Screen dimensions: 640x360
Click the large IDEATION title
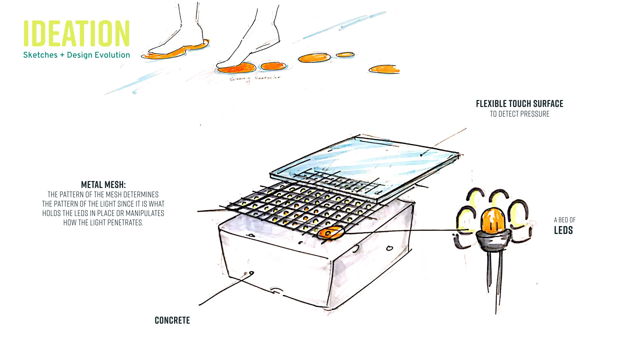pyautogui.click(x=76, y=33)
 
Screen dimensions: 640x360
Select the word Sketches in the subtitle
pyautogui.click(x=40, y=55)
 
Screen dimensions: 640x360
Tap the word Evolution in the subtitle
pyautogui.click(x=112, y=55)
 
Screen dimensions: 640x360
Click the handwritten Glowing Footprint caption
pyautogui.click(x=255, y=79)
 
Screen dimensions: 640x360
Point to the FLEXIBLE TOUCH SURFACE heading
pyautogui.click(x=519, y=104)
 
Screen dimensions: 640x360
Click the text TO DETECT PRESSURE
pyautogui.click(x=519, y=114)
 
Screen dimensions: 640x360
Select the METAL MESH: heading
pyautogui.click(x=103, y=185)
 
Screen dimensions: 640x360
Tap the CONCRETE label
pyautogui.click(x=172, y=320)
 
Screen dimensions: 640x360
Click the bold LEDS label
pyautogui.click(x=563, y=230)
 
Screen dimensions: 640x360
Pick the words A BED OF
pyautogui.click(x=565, y=220)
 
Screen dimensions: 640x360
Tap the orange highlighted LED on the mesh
pyautogui.click(x=330, y=232)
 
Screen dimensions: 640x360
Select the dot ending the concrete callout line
pyautogui.click(x=252, y=273)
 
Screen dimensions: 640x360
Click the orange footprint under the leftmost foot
pyautogui.click(x=173, y=53)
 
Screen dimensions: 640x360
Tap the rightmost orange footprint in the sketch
pyautogui.click(x=384, y=69)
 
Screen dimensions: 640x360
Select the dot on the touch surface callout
pyautogui.click(x=421, y=155)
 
